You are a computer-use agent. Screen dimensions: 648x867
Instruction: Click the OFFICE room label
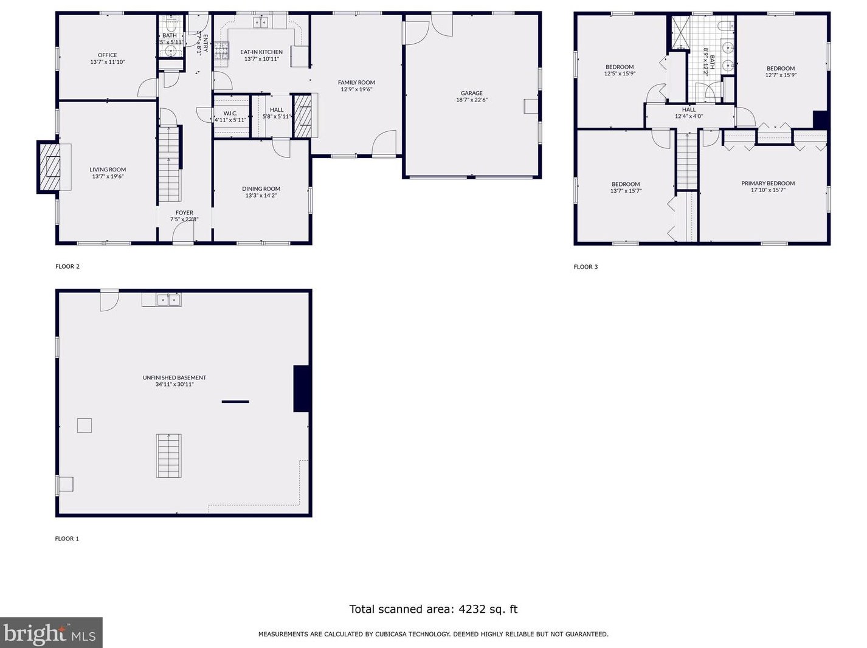pyautogui.click(x=108, y=55)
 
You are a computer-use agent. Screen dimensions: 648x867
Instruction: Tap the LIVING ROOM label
pyautogui.click(x=108, y=170)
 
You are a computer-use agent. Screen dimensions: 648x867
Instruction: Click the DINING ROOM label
pyautogui.click(x=261, y=189)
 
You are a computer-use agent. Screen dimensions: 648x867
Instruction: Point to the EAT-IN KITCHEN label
pyautogui.click(x=261, y=52)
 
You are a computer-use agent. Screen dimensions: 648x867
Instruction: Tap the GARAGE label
pyautogui.click(x=472, y=94)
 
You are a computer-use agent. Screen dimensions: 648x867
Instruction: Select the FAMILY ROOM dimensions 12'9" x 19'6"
pyautogui.click(x=356, y=89)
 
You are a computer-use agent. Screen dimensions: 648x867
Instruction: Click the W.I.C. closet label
pyautogui.click(x=230, y=113)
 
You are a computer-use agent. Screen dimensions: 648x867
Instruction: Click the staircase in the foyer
pyautogui.click(x=170, y=164)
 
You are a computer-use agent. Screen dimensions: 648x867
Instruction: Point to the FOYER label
pyautogui.click(x=184, y=213)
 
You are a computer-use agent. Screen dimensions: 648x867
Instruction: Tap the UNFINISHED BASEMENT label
pyautogui.click(x=174, y=377)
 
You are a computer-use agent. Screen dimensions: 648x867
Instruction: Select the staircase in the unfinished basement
pyautogui.click(x=168, y=455)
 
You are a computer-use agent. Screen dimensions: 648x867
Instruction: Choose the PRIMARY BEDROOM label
pyautogui.click(x=768, y=183)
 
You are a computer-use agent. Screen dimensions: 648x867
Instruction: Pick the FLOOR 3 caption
pyautogui.click(x=585, y=267)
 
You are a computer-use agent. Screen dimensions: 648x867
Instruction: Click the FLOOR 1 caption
pyautogui.click(x=67, y=539)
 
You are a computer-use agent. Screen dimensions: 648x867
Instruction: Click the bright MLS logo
pyautogui.click(x=51, y=633)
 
